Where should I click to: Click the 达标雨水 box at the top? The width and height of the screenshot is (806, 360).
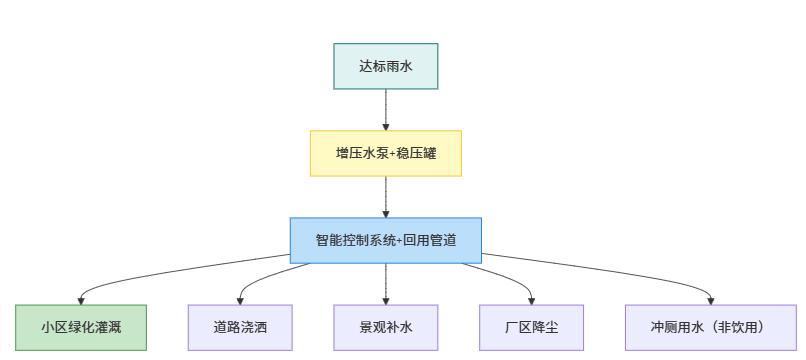[x=385, y=67]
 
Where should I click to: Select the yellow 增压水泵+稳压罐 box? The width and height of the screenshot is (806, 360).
[x=385, y=153]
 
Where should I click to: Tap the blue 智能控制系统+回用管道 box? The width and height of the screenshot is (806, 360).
[x=385, y=241]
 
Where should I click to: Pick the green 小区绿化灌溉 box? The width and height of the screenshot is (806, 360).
[x=81, y=327]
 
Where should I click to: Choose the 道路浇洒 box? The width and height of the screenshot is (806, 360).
[x=239, y=327]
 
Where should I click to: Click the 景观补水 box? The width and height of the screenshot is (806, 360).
[x=385, y=327]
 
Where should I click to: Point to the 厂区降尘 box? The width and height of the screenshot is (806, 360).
[x=532, y=327]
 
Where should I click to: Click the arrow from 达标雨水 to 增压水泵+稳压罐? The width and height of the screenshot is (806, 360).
[x=385, y=110]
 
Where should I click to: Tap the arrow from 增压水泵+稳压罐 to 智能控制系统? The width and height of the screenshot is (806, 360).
[x=385, y=197]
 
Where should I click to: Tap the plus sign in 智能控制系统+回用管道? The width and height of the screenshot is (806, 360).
[x=399, y=241]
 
